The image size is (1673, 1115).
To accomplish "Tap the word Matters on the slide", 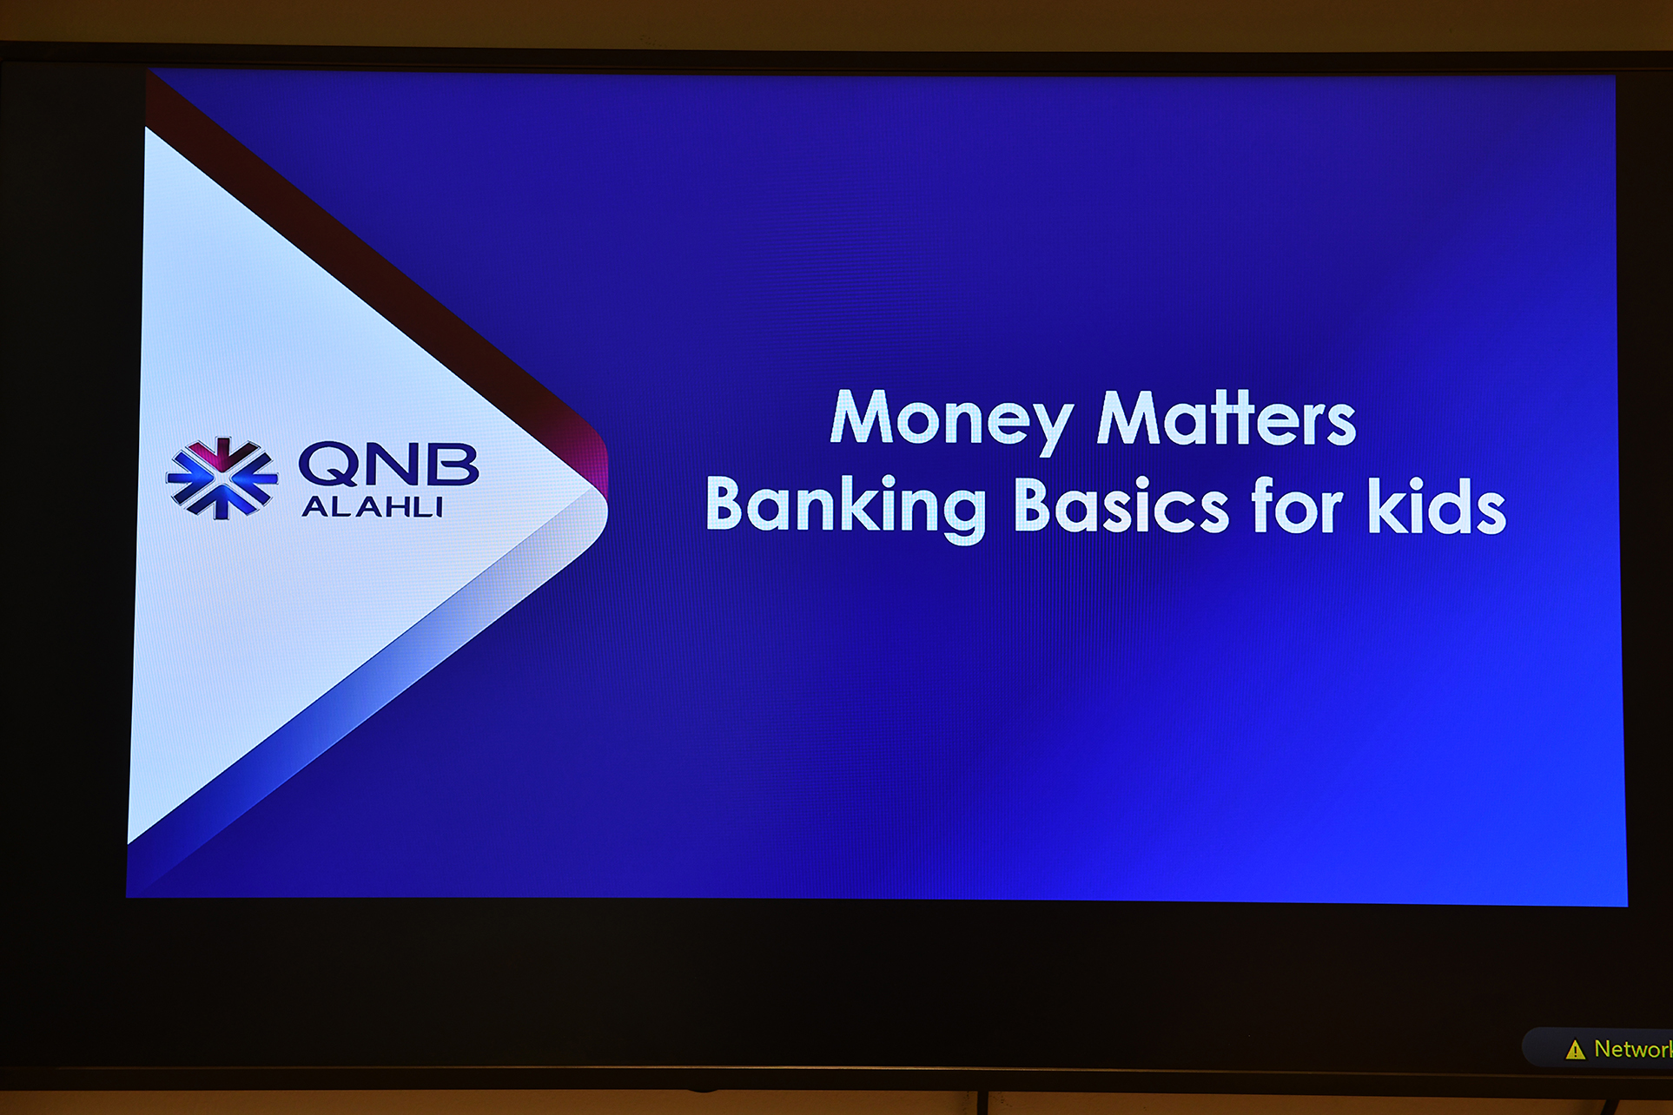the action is tap(1226, 417).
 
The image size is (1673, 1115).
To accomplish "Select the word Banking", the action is tap(846, 506).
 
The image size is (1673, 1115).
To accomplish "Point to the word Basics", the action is tap(1121, 504).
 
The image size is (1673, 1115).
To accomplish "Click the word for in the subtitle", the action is tap(1297, 504).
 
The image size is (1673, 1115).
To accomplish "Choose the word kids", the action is tap(1437, 505).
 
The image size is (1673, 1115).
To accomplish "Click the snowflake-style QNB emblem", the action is tap(222, 478).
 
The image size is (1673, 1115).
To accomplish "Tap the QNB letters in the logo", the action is tap(388, 464).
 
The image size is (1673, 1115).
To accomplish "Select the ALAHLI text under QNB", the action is tap(373, 506).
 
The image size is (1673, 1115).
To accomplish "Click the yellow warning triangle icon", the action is tap(1575, 1050).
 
